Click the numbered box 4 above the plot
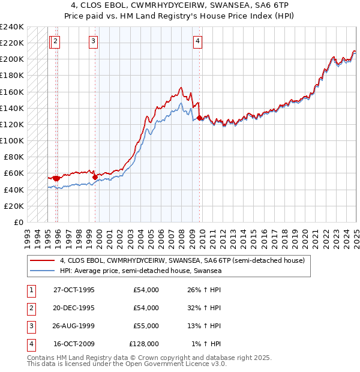pos(197,41)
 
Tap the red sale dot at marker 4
pos(199,118)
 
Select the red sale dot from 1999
pos(95,177)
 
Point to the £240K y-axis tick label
pos(11,27)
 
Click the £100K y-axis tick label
pos(11,140)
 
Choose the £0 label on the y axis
pos(19,222)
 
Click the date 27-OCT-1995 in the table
pos(74,290)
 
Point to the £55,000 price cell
pos(146,326)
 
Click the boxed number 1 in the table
pos(29,290)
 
